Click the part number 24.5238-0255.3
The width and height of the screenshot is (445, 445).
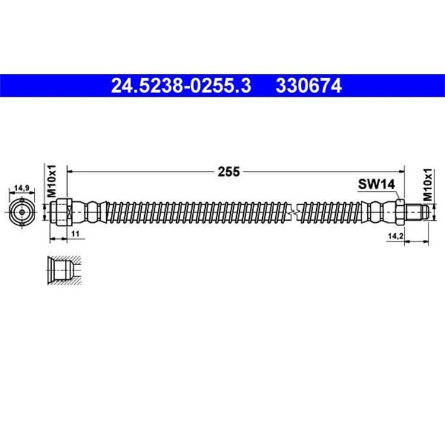(x=181, y=85)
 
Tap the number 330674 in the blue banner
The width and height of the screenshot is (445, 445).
(x=309, y=85)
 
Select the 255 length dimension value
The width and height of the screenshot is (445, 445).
(x=229, y=171)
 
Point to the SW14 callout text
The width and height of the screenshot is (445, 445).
(x=376, y=185)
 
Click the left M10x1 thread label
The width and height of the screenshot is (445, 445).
(x=52, y=181)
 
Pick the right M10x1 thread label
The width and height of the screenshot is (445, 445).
(x=428, y=185)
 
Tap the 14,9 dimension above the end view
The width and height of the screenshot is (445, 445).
(x=21, y=188)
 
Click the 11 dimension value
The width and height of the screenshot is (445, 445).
(x=75, y=234)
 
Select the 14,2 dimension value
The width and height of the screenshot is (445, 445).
(x=396, y=236)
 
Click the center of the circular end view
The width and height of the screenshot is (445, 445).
(x=22, y=212)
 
